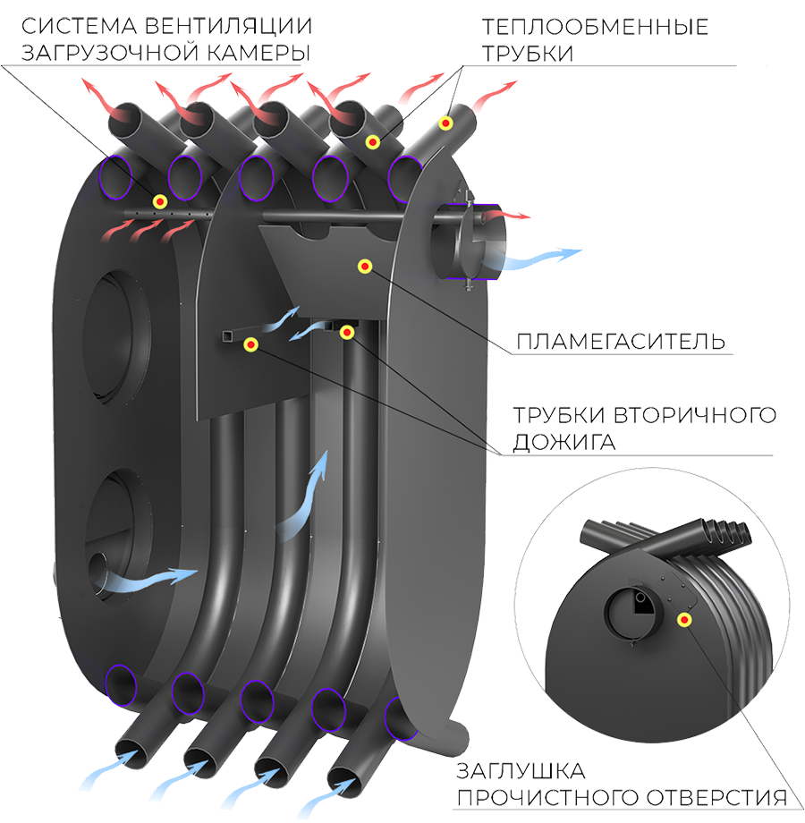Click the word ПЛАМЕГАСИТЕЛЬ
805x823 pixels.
(x=621, y=341)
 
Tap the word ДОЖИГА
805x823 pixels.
(x=563, y=442)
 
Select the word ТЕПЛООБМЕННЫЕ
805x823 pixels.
(x=595, y=27)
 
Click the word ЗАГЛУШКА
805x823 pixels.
(x=521, y=771)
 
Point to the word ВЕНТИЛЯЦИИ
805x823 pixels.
(x=228, y=26)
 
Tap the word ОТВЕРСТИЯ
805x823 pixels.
(x=716, y=798)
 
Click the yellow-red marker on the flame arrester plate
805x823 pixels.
(x=365, y=266)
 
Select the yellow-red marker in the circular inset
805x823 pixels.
(x=683, y=620)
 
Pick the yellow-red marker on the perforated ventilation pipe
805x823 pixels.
(x=160, y=201)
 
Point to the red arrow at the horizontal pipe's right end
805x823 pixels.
(x=506, y=215)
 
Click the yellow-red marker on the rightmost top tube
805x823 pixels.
(x=446, y=123)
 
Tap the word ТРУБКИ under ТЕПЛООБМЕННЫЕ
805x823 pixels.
(x=528, y=54)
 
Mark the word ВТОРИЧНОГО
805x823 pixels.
(x=695, y=415)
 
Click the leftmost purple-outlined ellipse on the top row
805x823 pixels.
(x=114, y=177)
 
